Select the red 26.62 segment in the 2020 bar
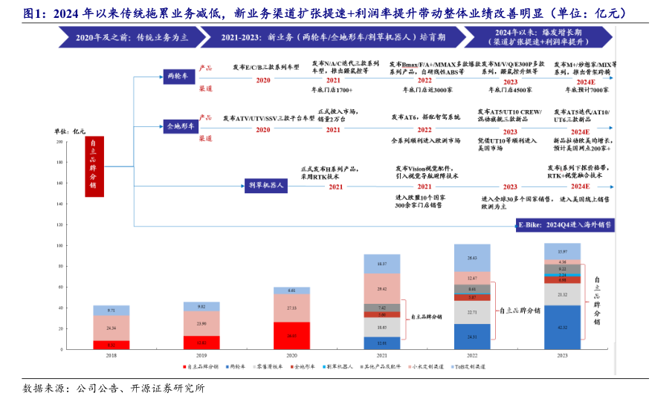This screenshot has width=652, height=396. coord(291,336)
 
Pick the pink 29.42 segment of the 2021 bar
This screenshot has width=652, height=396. coord(382,288)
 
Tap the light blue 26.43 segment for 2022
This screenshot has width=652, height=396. coord(472,258)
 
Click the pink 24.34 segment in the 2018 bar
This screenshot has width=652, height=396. coord(111,328)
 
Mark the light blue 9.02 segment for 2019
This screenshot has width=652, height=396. coord(201,306)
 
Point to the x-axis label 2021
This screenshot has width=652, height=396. coord(382,356)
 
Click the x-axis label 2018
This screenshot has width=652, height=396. coord(111,356)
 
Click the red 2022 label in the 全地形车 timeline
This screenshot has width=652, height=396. coord(425,129)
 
